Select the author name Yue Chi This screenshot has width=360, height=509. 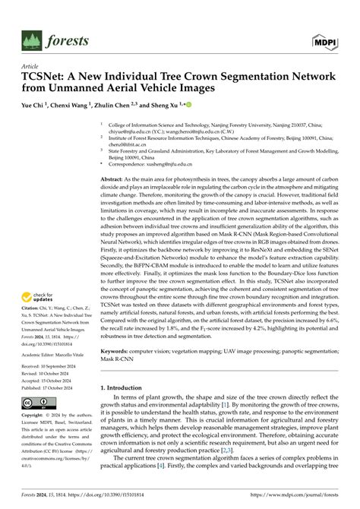[33, 105]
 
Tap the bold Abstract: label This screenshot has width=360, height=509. [115, 198]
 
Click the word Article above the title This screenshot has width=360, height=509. [30, 67]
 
